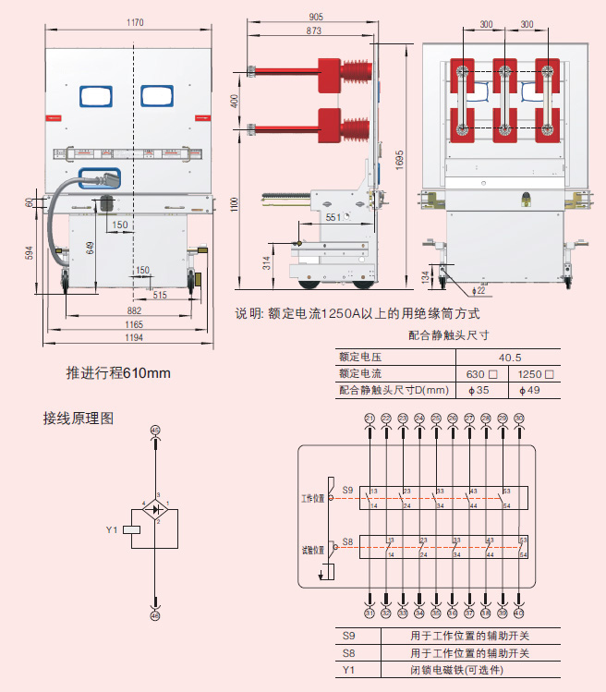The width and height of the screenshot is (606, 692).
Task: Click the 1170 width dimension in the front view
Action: click(x=137, y=22)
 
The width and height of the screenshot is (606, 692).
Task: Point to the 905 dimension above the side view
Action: click(x=316, y=17)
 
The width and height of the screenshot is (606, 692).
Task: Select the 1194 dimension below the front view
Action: click(x=135, y=338)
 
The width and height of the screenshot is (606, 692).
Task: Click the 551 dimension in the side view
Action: click(x=333, y=217)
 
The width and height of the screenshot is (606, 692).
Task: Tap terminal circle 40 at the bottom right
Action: click(x=519, y=613)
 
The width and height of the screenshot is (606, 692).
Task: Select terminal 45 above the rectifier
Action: click(x=155, y=431)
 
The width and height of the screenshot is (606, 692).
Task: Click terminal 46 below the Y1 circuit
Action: click(x=155, y=613)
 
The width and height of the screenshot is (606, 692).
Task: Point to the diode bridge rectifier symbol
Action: click(x=156, y=509)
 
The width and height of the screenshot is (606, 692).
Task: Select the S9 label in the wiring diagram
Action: click(x=347, y=490)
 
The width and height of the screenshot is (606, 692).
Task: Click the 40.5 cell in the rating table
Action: click(x=510, y=357)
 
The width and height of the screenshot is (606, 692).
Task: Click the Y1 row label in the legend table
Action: click(x=348, y=669)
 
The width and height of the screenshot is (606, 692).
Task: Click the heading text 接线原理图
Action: click(x=79, y=418)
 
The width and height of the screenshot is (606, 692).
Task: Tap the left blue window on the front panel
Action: click(x=96, y=96)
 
